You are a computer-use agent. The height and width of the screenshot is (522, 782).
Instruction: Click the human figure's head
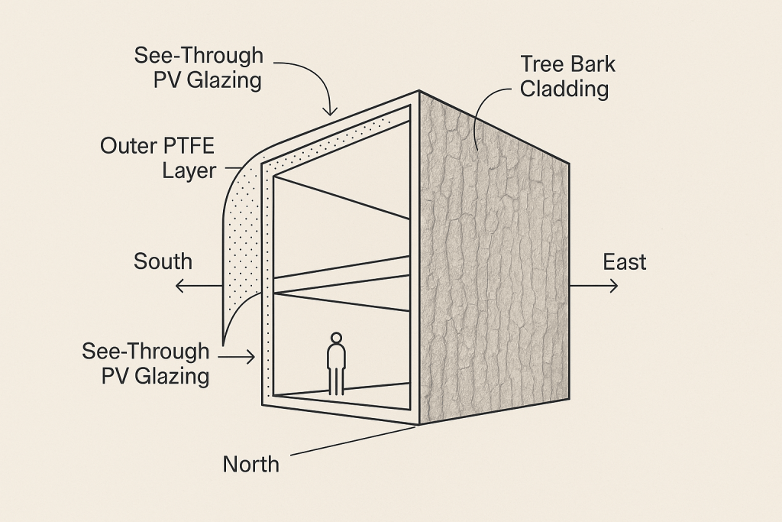click(x=336, y=338)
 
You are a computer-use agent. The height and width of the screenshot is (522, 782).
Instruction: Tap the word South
click(x=163, y=261)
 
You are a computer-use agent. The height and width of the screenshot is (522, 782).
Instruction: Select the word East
click(x=625, y=262)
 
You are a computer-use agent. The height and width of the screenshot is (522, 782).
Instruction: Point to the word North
click(x=251, y=463)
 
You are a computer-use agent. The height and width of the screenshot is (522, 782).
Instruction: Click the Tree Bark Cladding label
click(x=564, y=76)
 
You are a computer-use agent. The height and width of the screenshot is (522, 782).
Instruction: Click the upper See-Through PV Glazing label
click(x=199, y=67)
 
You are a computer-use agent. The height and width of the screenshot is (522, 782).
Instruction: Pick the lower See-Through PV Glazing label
click(x=145, y=363)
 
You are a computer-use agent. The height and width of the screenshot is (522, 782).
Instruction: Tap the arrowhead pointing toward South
click(x=178, y=287)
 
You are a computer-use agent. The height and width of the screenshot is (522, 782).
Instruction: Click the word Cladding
click(x=564, y=89)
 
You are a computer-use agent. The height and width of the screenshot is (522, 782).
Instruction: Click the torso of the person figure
click(x=336, y=357)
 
